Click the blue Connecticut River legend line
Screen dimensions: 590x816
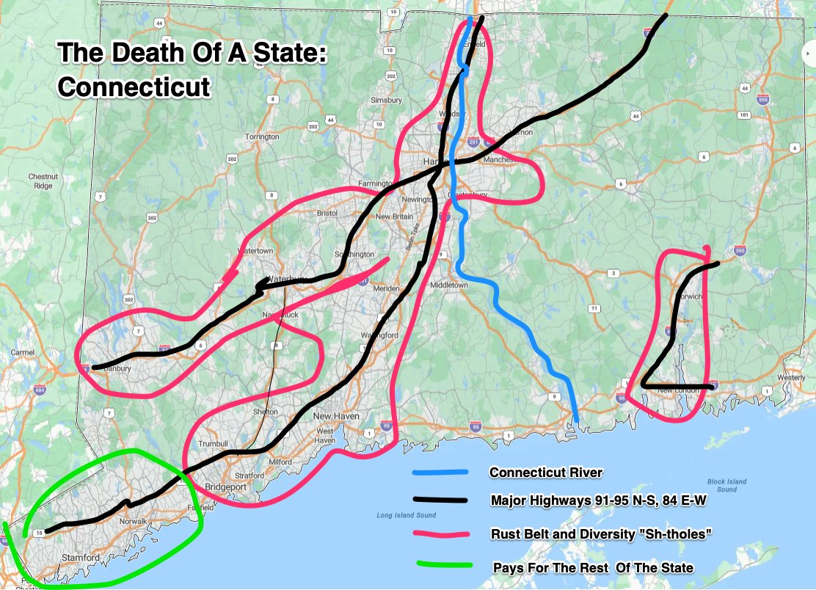440,472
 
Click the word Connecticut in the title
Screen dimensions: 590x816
134,87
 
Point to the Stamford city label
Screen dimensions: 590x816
80,558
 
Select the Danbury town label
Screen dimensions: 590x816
117,368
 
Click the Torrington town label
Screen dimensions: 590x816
262,137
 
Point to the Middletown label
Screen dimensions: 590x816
448,285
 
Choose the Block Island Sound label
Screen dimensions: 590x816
726,486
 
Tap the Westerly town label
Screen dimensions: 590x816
791,378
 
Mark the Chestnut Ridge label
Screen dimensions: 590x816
43,181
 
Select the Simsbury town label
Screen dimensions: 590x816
386,100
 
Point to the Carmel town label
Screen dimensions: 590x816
23,353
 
